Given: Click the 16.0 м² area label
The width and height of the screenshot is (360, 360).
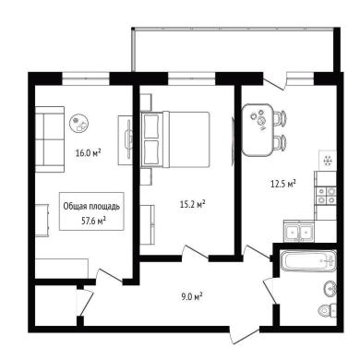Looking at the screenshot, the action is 89,152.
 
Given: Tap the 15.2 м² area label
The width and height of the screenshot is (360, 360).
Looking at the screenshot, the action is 193,204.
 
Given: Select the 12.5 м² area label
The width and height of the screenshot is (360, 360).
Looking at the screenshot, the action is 283,184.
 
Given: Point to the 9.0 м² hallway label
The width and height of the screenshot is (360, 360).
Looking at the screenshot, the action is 191,297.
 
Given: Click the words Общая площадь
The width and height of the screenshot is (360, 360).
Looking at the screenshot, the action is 91,207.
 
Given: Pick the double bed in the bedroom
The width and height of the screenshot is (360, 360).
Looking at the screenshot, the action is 174,139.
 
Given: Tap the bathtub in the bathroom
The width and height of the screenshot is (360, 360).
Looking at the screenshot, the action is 308,260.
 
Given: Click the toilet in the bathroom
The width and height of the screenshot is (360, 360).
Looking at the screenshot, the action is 328,310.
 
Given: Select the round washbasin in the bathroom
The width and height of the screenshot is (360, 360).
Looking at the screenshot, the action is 330,289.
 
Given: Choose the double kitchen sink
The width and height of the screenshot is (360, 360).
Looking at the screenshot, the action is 298,232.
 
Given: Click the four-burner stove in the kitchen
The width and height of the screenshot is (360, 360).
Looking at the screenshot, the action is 326,196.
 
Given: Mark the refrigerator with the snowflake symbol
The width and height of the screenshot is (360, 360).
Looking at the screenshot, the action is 328,160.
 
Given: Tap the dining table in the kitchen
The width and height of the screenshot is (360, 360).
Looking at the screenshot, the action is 258,129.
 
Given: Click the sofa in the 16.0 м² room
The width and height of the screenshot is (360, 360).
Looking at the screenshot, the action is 50,139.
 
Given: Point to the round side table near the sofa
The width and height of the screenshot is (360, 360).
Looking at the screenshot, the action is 79,123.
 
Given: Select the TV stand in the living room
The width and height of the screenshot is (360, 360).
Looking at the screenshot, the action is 126,140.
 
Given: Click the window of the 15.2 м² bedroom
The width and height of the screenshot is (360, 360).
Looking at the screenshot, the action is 191,78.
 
